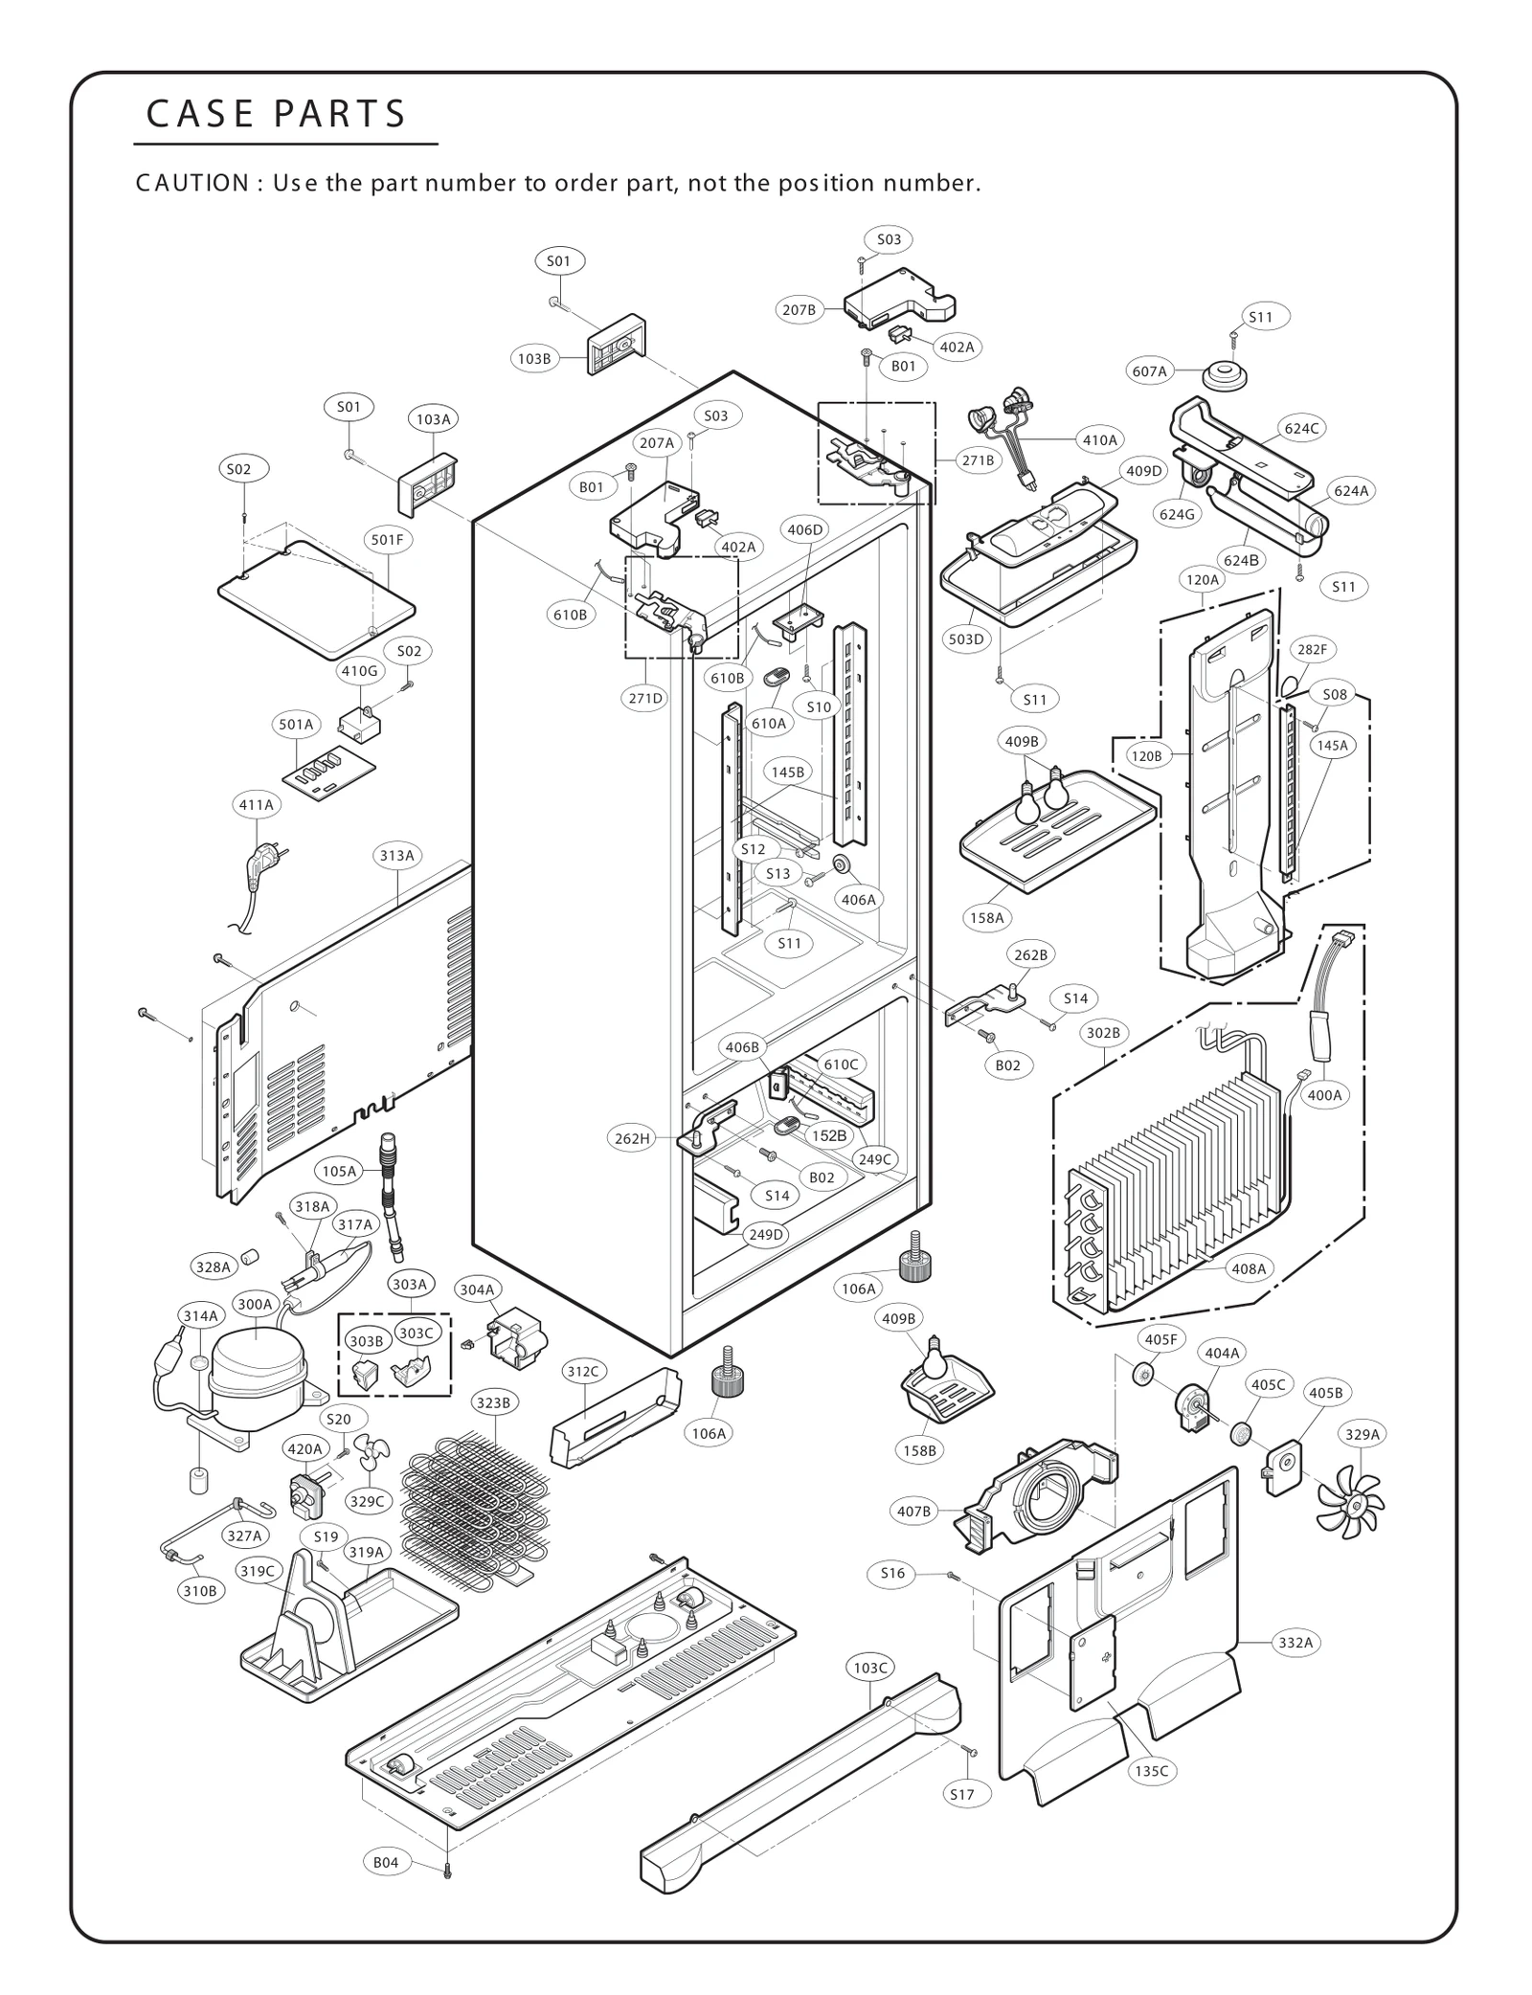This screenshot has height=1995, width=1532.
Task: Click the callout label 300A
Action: [x=255, y=1304]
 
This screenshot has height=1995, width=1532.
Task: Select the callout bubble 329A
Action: [x=1362, y=1434]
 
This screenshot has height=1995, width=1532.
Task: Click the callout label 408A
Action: [x=1248, y=1268]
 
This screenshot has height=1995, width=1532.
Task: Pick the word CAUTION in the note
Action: [x=191, y=183]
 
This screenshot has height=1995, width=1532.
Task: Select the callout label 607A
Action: [x=1149, y=371]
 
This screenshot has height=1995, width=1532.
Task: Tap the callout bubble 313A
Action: [x=396, y=856]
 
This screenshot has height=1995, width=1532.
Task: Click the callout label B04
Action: [x=385, y=1862]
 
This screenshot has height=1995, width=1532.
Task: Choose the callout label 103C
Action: [x=870, y=1668]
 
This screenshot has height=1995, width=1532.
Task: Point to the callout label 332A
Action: [x=1295, y=1643]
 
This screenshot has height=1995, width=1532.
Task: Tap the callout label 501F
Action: [x=387, y=540]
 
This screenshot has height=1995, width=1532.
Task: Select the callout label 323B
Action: [x=493, y=1403]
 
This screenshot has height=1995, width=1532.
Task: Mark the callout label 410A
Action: [x=1099, y=440]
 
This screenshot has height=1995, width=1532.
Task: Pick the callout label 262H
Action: [x=631, y=1138]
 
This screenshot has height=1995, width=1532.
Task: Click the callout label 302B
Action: [x=1103, y=1033]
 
